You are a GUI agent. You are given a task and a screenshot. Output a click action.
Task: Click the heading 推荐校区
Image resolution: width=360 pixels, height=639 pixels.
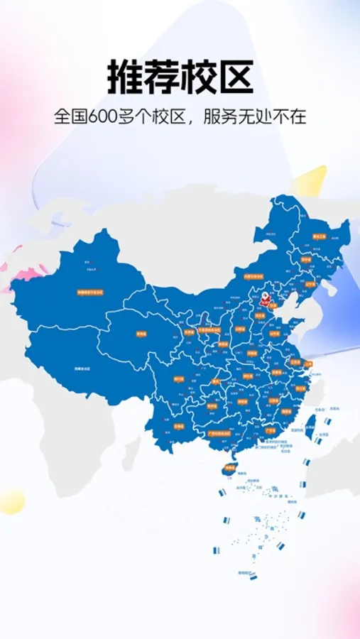180,77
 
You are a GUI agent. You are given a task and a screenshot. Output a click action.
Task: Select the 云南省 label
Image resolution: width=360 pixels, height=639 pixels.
179,426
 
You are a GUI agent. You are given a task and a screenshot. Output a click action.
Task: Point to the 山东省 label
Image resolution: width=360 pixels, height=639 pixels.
276,334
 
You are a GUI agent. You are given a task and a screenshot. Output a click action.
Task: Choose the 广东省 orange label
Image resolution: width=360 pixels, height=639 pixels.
270,430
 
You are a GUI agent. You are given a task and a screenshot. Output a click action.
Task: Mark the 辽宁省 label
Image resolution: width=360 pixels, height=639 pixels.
310,285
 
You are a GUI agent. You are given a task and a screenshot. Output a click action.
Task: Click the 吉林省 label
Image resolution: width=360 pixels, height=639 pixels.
307,260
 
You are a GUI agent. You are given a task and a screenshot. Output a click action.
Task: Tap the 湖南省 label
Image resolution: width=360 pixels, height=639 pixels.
241,402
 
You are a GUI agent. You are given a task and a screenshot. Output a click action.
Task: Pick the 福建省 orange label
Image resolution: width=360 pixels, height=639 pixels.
286,411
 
